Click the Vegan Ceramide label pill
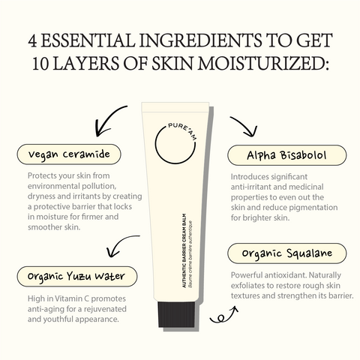(69, 154)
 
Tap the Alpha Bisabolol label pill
(287, 155)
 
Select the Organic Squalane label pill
(287, 253)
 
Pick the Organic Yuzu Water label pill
(77, 277)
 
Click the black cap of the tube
(176, 314)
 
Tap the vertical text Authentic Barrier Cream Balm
(184, 250)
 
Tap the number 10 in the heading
(40, 63)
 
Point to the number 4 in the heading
(32, 40)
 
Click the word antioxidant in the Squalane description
(285, 275)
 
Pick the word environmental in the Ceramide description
(52, 186)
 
